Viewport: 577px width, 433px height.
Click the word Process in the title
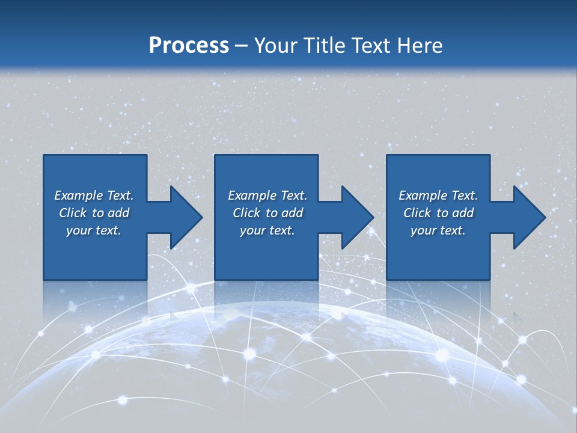[189, 46]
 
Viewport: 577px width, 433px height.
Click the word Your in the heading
[276, 46]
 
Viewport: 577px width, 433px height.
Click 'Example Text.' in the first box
[94, 195]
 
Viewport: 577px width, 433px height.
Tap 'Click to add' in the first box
[94, 213]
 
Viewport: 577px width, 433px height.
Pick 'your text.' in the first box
[94, 230]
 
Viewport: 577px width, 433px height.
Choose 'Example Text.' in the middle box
[267, 195]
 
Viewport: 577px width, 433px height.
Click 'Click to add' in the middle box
[267, 213]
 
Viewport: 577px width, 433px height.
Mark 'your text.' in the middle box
[267, 230]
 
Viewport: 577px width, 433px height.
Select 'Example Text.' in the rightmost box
[438, 195]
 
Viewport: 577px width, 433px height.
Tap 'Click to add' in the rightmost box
[438, 213]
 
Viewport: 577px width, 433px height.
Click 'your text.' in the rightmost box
[438, 230]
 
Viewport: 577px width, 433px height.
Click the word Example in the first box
[78, 195]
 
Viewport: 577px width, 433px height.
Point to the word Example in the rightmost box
[423, 195]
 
